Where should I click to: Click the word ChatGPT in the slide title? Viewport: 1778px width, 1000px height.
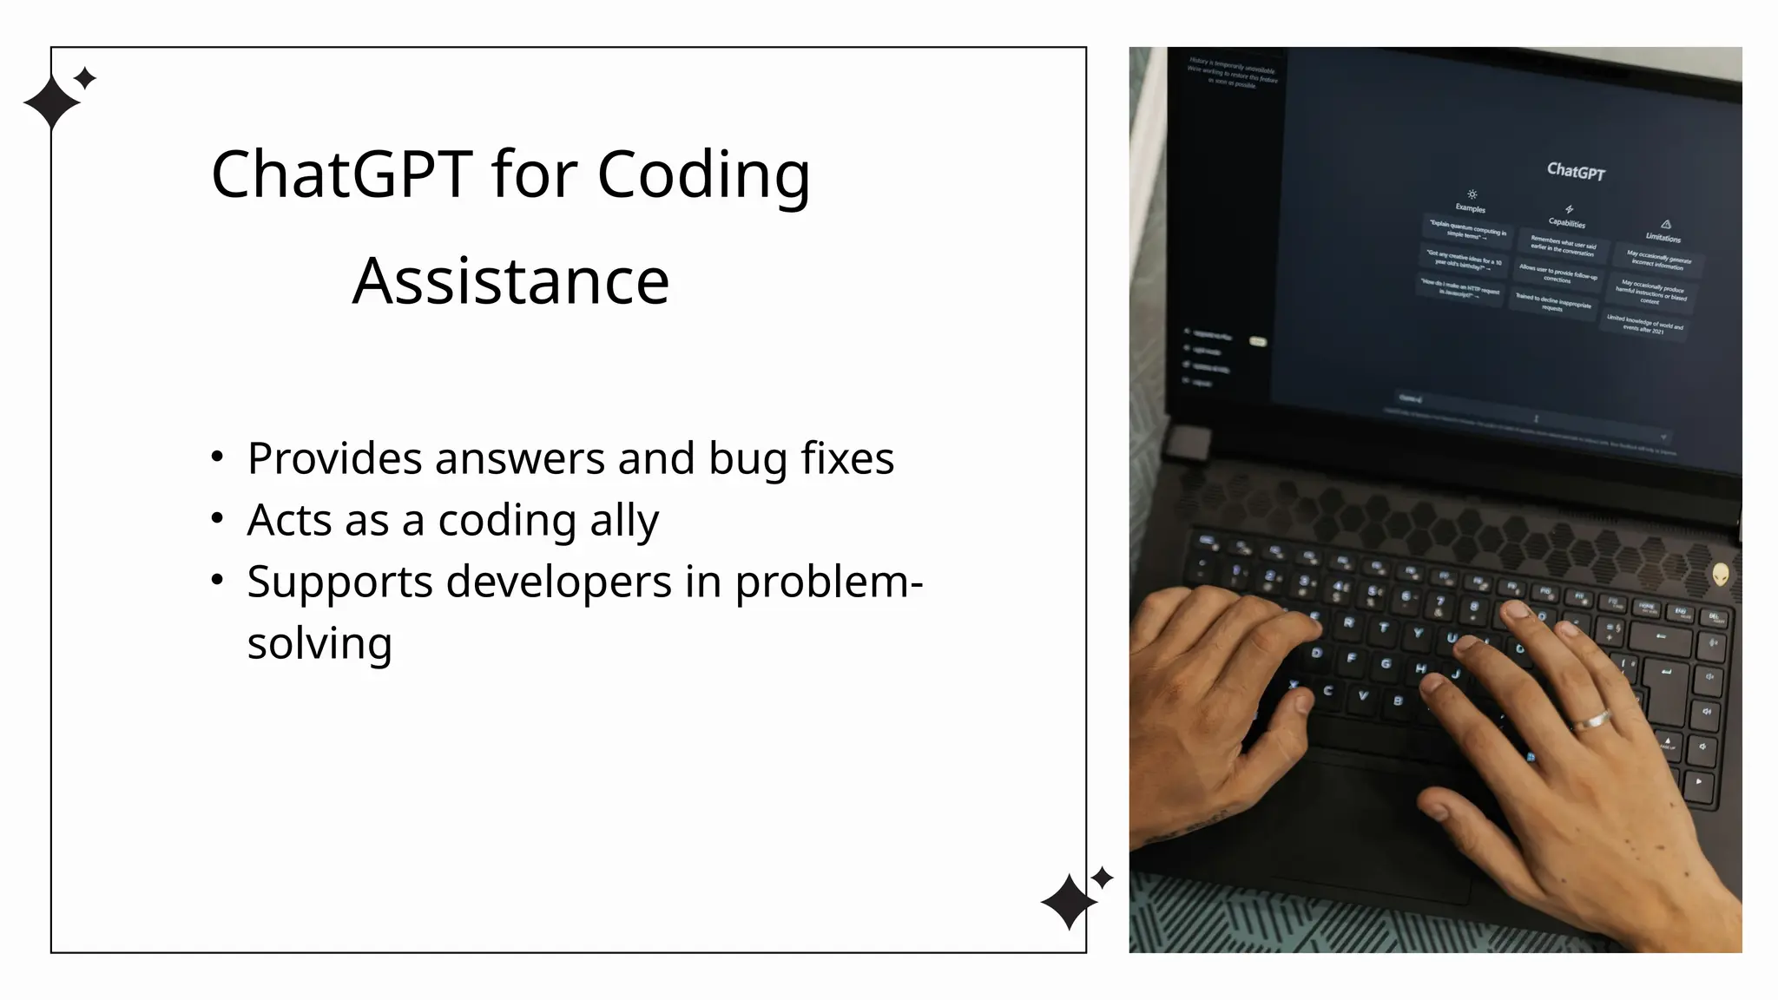tap(342, 174)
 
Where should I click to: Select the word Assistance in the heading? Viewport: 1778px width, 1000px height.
tap(510, 282)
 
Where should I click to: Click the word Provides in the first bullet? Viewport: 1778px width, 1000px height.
tap(334, 458)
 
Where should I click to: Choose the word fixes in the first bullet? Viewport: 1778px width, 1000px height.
tap(846, 458)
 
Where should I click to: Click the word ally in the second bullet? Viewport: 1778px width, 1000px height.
tap(624, 522)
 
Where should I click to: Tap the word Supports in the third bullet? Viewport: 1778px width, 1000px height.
tap(339, 582)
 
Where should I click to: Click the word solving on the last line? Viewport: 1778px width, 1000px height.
tap(319, 644)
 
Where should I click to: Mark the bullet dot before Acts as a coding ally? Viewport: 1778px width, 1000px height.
tap(217, 518)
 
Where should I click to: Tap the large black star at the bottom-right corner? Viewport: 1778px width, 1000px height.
tap(1069, 902)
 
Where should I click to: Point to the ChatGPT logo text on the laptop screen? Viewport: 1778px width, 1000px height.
tap(1576, 171)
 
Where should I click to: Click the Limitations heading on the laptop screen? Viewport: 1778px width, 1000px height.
tap(1663, 237)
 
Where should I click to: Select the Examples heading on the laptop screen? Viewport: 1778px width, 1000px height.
tap(1470, 208)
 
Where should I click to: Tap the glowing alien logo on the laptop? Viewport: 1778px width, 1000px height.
tap(1720, 574)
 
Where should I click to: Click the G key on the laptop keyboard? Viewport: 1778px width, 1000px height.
tap(1385, 664)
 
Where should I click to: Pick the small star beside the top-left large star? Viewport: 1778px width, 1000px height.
tap(85, 79)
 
